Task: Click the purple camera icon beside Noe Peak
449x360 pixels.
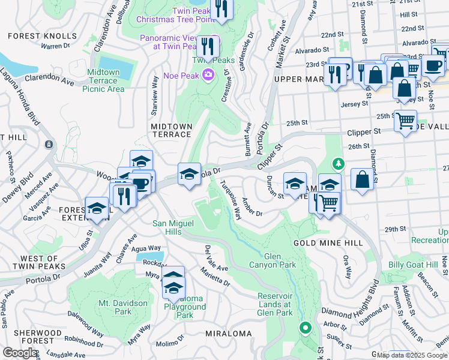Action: [x=208, y=75]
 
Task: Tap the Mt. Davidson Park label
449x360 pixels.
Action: [x=123, y=307]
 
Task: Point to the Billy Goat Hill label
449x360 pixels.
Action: [x=412, y=265]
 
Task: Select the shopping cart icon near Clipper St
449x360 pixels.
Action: [x=405, y=121]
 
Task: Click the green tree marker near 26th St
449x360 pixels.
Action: [x=339, y=163]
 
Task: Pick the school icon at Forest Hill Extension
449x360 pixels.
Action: [x=96, y=208]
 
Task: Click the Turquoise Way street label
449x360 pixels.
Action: [x=231, y=199]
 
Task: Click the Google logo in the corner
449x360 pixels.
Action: [x=20, y=353]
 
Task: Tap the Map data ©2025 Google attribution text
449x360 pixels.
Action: [x=412, y=355]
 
